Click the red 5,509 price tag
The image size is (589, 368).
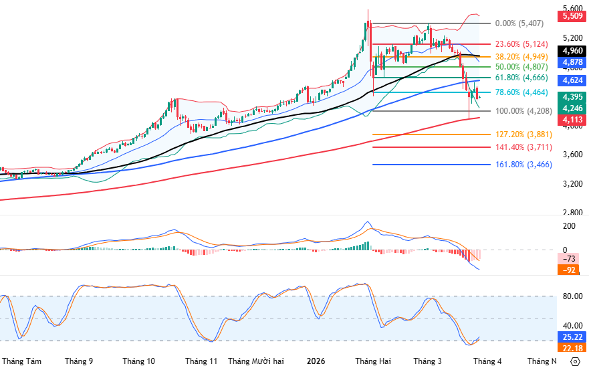pyautogui.click(x=572, y=16)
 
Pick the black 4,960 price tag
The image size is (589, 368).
pyautogui.click(x=572, y=50)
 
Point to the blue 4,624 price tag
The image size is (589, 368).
pyautogui.click(x=572, y=80)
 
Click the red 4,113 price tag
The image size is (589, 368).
pyautogui.click(x=572, y=120)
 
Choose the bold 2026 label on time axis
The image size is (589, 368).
pyautogui.click(x=316, y=361)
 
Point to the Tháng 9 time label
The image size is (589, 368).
pyautogui.click(x=79, y=361)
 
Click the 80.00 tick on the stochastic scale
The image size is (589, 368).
pyautogui.click(x=572, y=296)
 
